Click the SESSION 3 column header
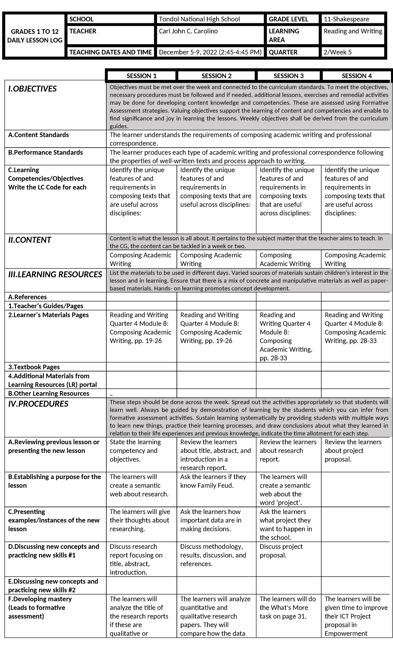289,76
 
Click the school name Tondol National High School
199,19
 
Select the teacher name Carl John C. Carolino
188,31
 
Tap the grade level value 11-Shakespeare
346,19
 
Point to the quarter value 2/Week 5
338,52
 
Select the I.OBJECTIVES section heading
32,89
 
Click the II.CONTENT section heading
29,240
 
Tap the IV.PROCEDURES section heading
38,404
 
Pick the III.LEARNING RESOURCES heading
55,274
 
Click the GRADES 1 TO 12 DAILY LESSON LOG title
35,36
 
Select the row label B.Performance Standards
46,153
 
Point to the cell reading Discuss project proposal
281,551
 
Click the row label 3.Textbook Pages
34,367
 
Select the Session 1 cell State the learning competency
135,451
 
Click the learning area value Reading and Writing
353,31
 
